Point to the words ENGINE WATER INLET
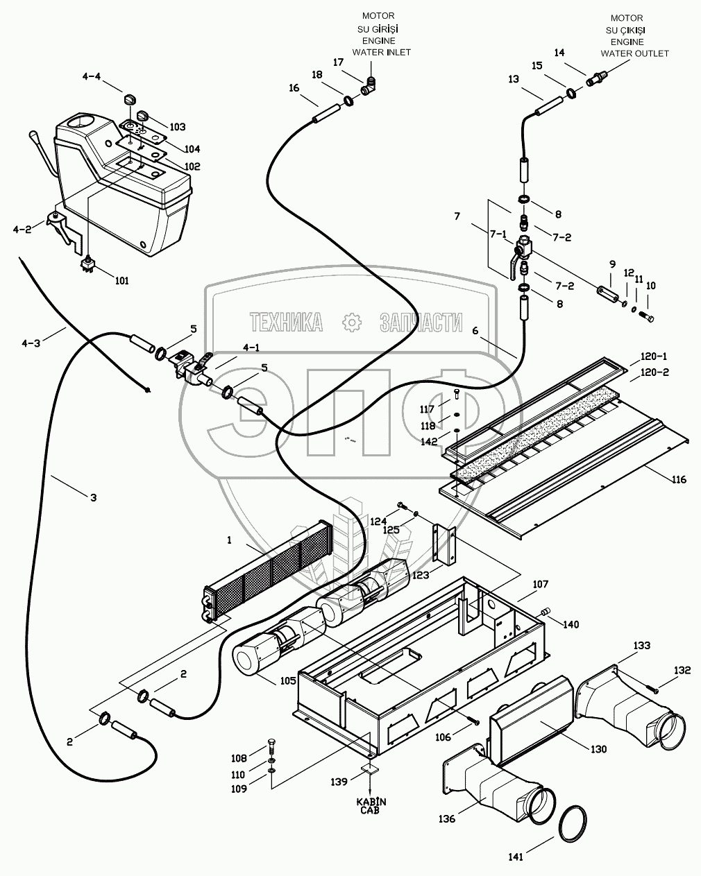pyautogui.click(x=381, y=46)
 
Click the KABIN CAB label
pyautogui.click(x=371, y=806)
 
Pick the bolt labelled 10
pyautogui.click(x=648, y=318)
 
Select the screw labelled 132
pyautogui.click(x=652, y=687)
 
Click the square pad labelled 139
pyautogui.click(x=370, y=770)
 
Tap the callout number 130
pyautogui.click(x=597, y=749)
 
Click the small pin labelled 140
pyautogui.click(x=545, y=611)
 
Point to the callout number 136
pyautogui.click(x=447, y=819)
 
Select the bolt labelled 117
pyautogui.click(x=457, y=395)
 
